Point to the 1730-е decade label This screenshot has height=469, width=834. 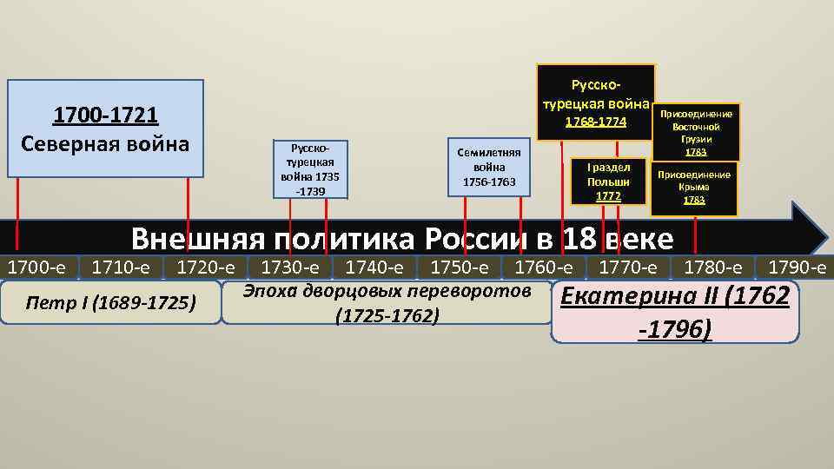(x=290, y=267)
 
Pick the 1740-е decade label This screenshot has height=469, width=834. (x=374, y=267)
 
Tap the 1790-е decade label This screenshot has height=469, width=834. (x=797, y=267)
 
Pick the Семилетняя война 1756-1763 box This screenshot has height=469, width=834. (x=488, y=167)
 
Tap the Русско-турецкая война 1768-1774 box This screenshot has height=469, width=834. (x=596, y=102)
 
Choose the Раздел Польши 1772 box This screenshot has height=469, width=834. (x=608, y=182)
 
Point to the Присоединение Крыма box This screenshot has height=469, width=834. (x=694, y=188)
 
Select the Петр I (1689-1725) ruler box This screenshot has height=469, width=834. (x=111, y=302)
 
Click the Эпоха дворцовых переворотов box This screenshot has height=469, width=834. (x=387, y=302)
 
